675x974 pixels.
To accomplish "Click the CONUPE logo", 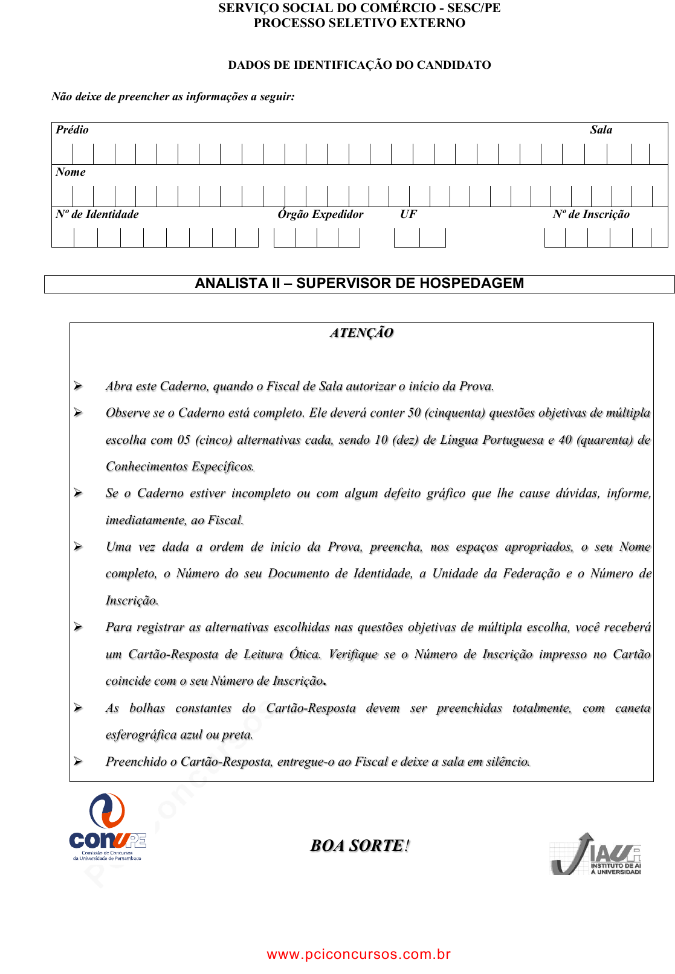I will coord(107,826).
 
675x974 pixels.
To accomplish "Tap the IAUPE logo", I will coord(596,854).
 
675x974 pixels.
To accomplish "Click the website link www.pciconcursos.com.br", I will coord(358,954).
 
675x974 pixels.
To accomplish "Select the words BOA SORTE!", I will coord(360,845).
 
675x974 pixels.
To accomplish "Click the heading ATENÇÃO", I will coord(361,333).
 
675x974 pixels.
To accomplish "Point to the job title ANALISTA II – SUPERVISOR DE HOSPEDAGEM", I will coord(359,284).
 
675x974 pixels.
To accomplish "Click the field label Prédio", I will coord(72,130).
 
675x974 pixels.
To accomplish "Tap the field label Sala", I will coord(601,130).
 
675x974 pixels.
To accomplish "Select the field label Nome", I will coord(71,172).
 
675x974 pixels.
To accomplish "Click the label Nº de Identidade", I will coord(97,214).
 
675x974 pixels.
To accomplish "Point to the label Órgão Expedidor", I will coord(320,214).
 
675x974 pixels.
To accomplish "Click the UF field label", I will coord(408,214).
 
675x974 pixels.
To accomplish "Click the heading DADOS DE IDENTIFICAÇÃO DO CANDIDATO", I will coord(359,65).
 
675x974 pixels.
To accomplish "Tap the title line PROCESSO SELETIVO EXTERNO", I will coord(359,23).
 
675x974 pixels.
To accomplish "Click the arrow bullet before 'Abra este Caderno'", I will coord(78,386).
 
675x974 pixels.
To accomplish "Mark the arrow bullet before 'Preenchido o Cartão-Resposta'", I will coord(78,761).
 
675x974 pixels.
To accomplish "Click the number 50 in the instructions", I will coord(414,413).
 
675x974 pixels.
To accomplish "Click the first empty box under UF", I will coord(407,238).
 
